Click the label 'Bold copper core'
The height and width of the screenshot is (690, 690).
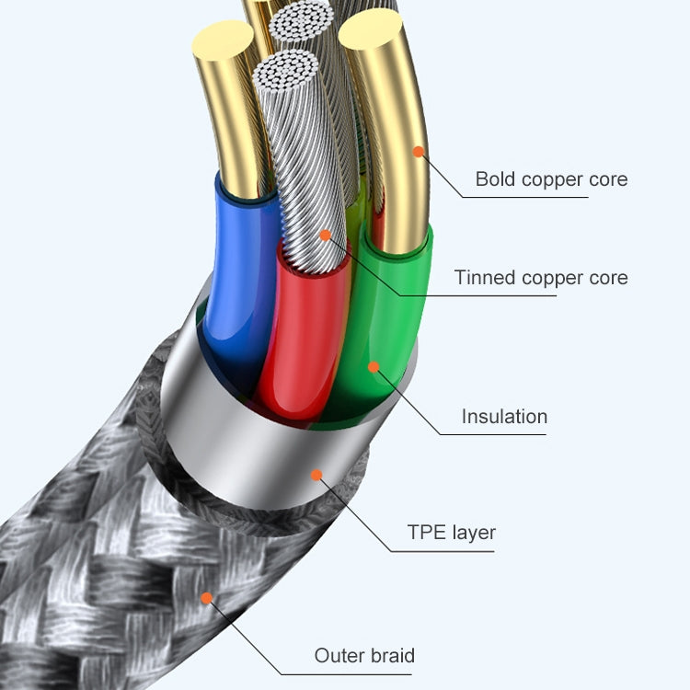click(551, 178)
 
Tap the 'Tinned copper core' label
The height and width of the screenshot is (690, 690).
click(541, 277)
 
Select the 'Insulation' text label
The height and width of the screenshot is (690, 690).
click(504, 416)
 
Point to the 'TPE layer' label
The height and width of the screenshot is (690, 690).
click(451, 532)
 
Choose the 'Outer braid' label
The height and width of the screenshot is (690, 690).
click(364, 655)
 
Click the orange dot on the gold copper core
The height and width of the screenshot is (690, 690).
click(419, 151)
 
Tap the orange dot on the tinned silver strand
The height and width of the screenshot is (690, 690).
click(325, 235)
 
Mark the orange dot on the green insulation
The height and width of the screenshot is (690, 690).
click(374, 367)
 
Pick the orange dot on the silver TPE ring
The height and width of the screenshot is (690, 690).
click(316, 475)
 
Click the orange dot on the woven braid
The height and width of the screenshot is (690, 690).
click(207, 598)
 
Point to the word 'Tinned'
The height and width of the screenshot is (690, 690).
click(485, 277)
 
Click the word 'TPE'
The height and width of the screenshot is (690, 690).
click(428, 532)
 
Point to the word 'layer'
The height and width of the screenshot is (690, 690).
click(474, 532)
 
